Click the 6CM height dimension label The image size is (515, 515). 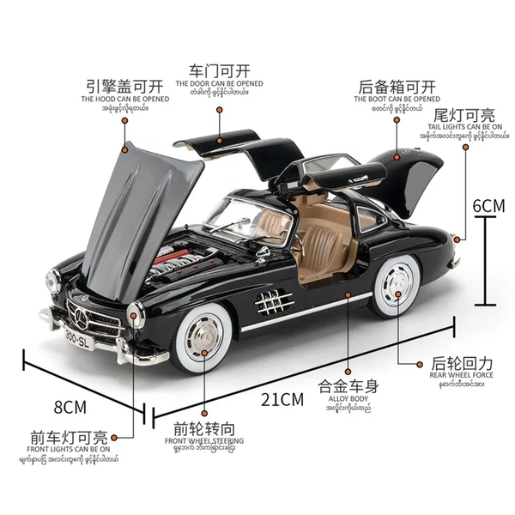coord(489,206)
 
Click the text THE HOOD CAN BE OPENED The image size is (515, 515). coord(125,99)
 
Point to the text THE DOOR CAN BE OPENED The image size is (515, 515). coord(219,84)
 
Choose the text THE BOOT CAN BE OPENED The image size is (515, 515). coord(397,100)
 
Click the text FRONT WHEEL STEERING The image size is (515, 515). coord(204,441)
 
